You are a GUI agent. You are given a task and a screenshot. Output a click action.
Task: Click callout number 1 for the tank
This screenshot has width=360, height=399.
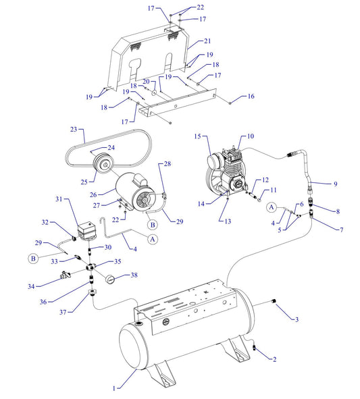click(x=114, y=389)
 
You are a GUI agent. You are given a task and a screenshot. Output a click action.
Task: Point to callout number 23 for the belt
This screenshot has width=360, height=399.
click(x=72, y=128)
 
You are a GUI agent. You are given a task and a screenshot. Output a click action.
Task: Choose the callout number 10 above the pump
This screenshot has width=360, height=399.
click(x=250, y=136)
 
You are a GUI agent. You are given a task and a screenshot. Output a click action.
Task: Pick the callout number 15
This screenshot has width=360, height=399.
click(x=199, y=136)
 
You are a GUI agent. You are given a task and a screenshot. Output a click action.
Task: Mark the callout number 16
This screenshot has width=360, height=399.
click(x=251, y=97)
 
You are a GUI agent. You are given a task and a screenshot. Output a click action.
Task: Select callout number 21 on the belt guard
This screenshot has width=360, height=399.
click(x=207, y=41)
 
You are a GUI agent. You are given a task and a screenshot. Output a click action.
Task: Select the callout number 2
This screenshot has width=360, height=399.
click(x=274, y=359)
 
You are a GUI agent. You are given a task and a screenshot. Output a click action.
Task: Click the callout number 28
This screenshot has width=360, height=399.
click(x=168, y=164)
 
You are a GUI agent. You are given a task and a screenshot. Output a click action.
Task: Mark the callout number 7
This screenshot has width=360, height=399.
click(x=342, y=230)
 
